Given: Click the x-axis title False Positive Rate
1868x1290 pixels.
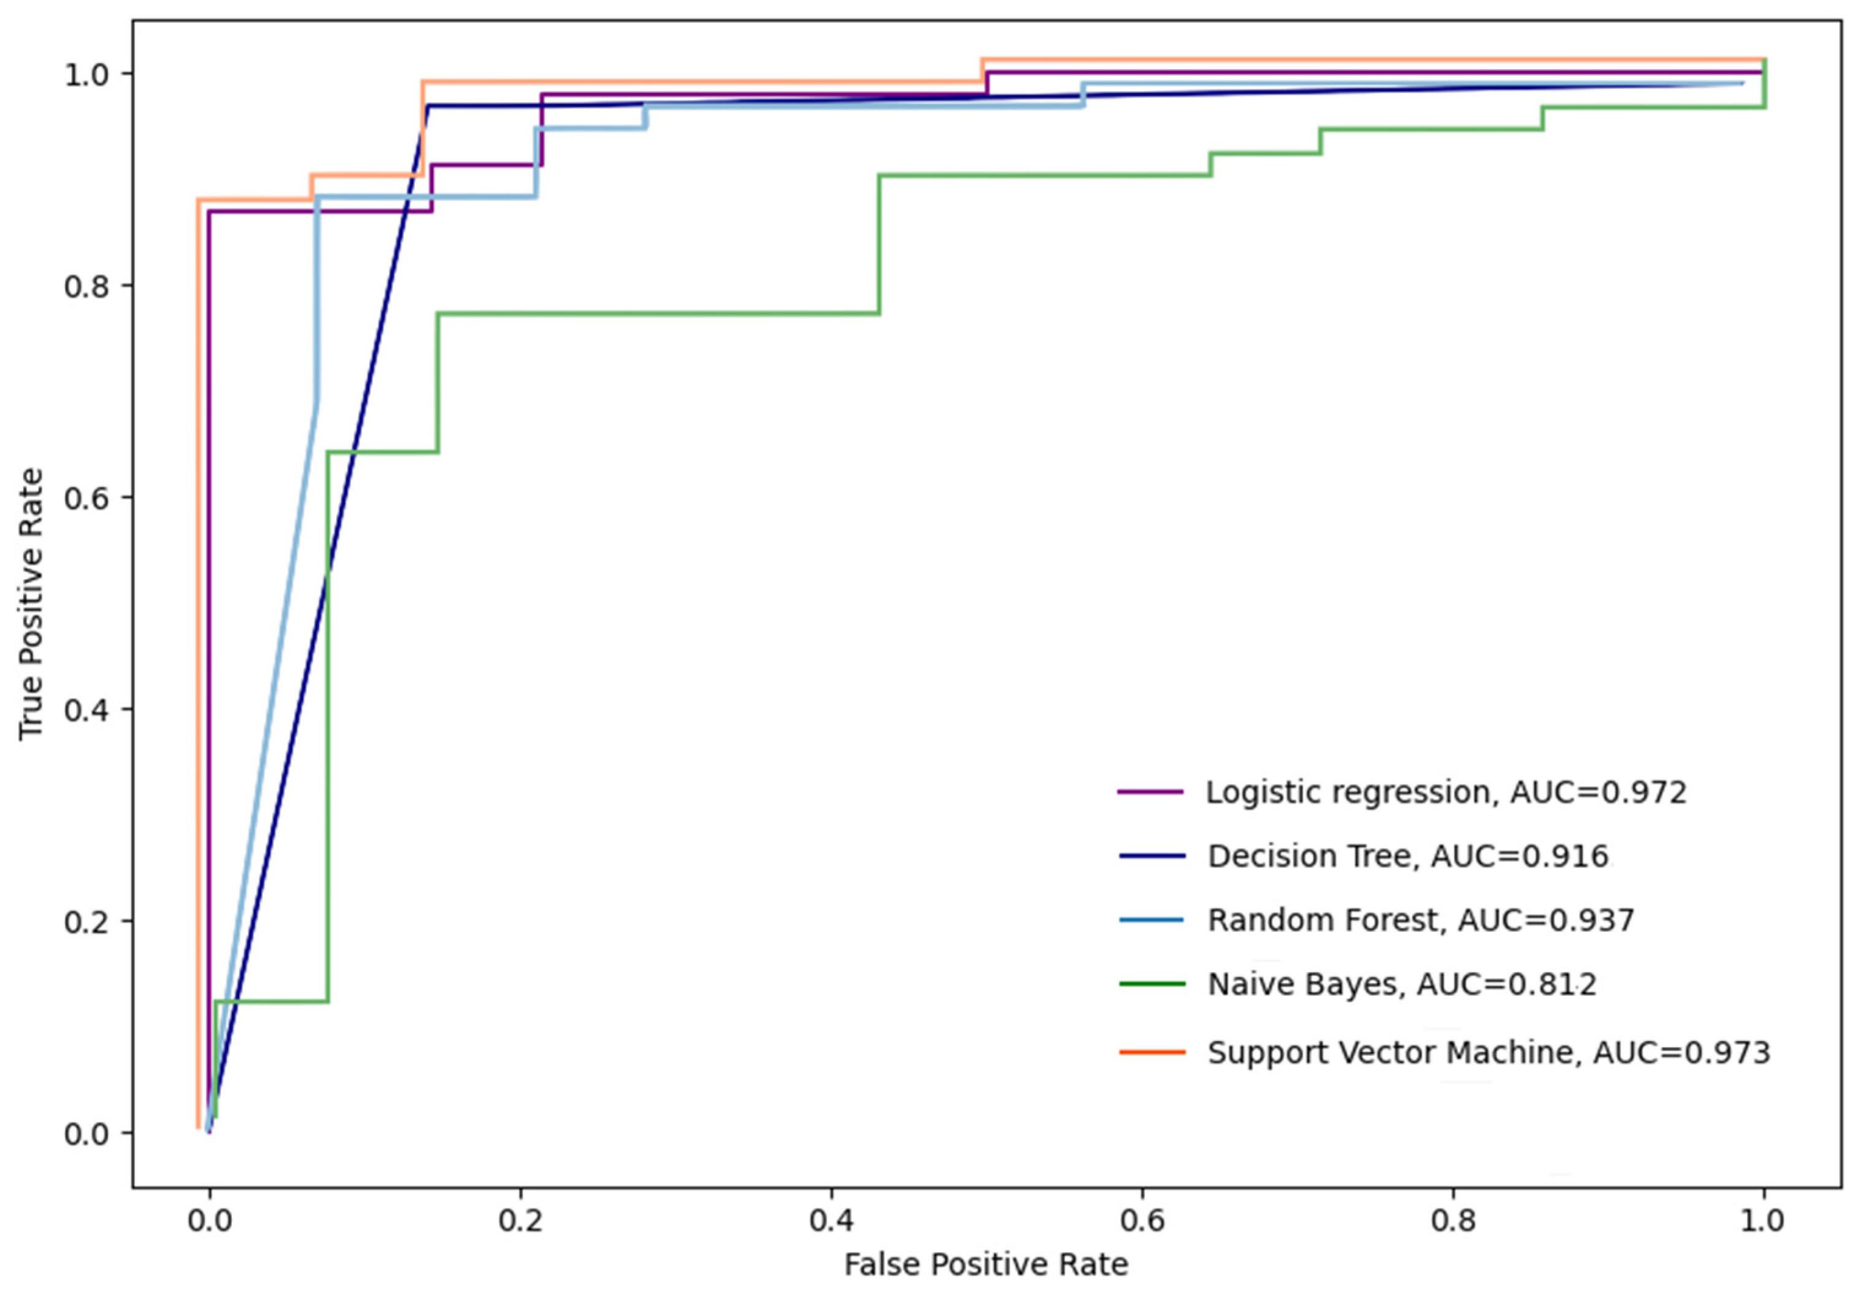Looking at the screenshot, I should [986, 1264].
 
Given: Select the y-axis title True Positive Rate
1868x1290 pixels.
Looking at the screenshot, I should [31, 603].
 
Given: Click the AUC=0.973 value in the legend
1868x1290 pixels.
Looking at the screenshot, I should [1682, 1053].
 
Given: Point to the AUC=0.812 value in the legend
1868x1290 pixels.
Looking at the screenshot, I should [1507, 985].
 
